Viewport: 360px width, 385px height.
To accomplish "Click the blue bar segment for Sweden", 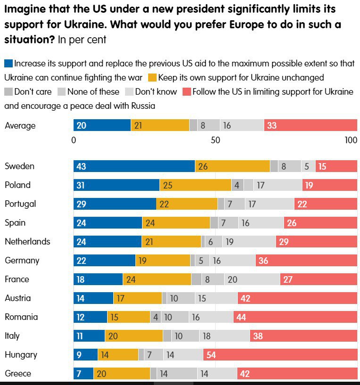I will tap(134, 166).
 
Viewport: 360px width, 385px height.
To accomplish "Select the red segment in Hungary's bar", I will tap(280, 355).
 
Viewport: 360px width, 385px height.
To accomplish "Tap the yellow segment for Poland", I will tap(195, 185).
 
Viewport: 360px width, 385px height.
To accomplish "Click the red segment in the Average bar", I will tap(310, 125).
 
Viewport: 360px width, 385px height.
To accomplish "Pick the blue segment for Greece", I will tap(84, 374).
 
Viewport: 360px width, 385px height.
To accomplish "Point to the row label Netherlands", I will tap(27, 242).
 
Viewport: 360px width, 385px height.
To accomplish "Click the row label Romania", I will tap(21, 317).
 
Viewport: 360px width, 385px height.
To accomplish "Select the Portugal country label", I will tap(20, 204).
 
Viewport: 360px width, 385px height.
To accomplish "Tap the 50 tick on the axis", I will tap(216, 140).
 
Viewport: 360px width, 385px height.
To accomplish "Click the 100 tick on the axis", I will tap(351, 140).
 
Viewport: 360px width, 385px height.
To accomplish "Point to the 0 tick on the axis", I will tap(74, 140).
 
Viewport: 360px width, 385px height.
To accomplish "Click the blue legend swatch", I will tap(8, 64).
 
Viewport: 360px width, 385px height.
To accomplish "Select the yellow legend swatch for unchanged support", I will tap(152, 77).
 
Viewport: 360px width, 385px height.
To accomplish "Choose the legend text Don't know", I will tap(156, 91).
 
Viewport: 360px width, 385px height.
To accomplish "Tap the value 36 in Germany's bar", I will tap(263, 261).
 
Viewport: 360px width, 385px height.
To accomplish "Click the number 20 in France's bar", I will tap(232, 279).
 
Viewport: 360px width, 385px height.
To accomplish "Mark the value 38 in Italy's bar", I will tap(258, 336).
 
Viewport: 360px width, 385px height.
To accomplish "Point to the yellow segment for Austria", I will tap(137, 298).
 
